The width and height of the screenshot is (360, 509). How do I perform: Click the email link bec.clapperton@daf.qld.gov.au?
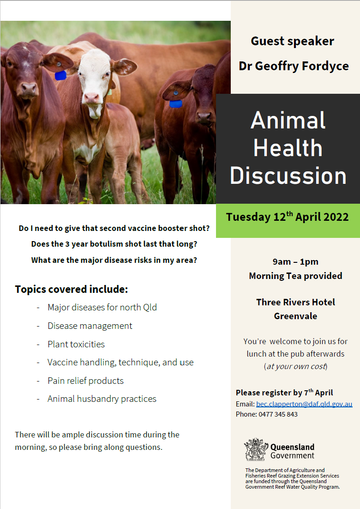click(304, 404)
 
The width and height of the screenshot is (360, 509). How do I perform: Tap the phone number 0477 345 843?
click(278, 414)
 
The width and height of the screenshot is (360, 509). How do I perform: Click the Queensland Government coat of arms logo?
click(256, 449)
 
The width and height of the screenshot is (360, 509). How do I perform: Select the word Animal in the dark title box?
click(288, 121)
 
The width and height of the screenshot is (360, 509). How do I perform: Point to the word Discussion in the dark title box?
click(288, 176)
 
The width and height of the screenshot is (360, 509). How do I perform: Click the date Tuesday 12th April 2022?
click(288, 217)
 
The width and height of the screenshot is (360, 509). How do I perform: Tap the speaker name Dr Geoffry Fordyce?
click(294, 66)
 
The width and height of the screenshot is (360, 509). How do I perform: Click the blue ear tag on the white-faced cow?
click(60, 75)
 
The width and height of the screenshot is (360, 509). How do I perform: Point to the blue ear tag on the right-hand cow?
click(176, 104)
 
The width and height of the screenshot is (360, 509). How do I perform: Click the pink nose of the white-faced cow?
click(91, 97)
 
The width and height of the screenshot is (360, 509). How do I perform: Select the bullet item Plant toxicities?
click(76, 344)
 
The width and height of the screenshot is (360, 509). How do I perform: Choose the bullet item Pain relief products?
click(86, 381)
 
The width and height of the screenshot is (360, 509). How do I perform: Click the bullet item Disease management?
click(90, 326)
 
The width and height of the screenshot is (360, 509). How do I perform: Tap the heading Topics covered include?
click(72, 289)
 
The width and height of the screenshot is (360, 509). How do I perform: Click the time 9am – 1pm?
click(295, 261)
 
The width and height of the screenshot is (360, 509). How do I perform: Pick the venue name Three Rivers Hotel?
click(295, 302)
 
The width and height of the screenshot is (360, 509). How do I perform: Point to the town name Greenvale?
click(295, 316)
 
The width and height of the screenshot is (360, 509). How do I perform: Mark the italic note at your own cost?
click(295, 366)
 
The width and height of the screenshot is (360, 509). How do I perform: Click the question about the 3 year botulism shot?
click(114, 244)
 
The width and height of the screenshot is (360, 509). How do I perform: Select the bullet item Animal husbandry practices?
click(102, 399)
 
